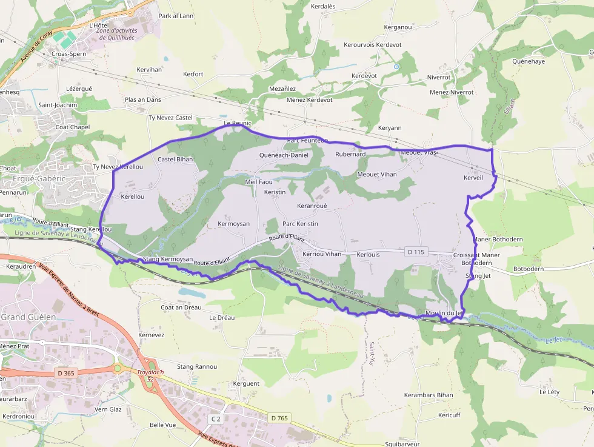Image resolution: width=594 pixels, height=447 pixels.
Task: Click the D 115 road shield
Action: (x=415, y=251)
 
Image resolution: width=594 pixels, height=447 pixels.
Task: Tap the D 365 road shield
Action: (x=64, y=373)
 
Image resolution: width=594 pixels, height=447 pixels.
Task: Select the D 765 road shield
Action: (x=279, y=418)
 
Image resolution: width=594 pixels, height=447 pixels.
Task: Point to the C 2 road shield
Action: (x=216, y=419)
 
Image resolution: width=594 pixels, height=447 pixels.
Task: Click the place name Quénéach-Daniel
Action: (x=284, y=155)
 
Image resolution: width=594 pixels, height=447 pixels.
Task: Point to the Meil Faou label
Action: (x=259, y=181)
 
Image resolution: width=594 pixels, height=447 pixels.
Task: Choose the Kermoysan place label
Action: (x=233, y=224)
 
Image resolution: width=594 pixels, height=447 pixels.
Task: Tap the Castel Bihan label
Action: (x=175, y=160)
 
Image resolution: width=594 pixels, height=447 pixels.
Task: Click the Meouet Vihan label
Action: (x=377, y=175)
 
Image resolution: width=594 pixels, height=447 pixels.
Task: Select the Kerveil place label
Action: (x=473, y=178)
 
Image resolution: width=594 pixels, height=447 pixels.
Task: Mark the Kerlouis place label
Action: (x=369, y=255)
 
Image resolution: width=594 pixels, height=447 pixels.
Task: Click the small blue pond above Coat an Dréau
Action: (x=192, y=292)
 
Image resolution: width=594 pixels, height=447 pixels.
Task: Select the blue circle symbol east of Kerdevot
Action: (x=396, y=66)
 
